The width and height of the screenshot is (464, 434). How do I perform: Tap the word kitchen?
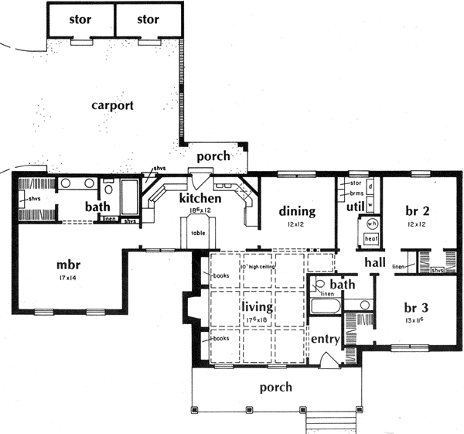tap(200, 199)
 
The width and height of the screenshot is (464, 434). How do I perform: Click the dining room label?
tap(297, 210)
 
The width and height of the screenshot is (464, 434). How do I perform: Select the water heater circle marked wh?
tap(370, 224)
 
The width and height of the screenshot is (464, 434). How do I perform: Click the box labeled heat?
tap(370, 239)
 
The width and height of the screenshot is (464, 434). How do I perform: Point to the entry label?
tap(325, 340)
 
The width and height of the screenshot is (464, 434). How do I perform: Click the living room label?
tap(258, 308)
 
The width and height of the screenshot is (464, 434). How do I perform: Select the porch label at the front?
tap(276, 387)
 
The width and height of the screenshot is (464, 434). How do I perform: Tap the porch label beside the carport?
tap(213, 155)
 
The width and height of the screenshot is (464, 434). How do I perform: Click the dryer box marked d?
tap(370, 186)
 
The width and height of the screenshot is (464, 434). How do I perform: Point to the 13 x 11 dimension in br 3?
tap(416, 317)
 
